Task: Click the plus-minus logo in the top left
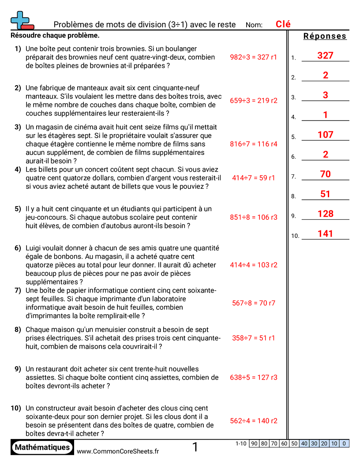tap(22, 21)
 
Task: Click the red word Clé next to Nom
tap(283, 24)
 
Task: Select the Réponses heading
tap(325, 36)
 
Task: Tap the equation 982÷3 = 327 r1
tap(253, 57)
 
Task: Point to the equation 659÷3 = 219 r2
tap(253, 101)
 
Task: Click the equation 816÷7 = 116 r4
tap(253, 144)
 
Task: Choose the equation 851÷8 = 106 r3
tap(253, 217)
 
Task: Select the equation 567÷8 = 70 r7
tap(253, 303)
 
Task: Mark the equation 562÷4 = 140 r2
tap(253, 421)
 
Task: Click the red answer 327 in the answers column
tap(325, 56)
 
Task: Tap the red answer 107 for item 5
tap(325, 135)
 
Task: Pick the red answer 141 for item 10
tap(325, 234)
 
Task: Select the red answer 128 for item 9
tap(325, 214)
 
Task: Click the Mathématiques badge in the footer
tap(42, 447)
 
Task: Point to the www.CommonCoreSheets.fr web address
tap(118, 451)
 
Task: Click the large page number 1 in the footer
tap(195, 447)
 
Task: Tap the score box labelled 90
tap(254, 443)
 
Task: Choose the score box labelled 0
tap(344, 443)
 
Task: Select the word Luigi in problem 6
tap(34, 248)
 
